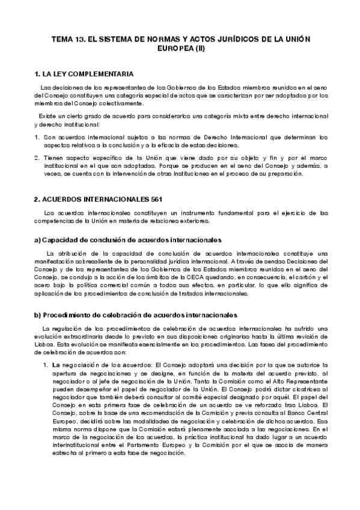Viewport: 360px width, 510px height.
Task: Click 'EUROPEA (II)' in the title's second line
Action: coord(180,48)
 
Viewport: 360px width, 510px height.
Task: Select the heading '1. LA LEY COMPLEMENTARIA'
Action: coord(84,75)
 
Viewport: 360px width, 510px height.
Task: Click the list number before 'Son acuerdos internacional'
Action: coord(38,137)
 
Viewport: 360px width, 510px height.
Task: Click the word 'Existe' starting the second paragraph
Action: coord(47,115)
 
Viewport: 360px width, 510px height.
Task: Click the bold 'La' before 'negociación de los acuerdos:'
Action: coord(55,364)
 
